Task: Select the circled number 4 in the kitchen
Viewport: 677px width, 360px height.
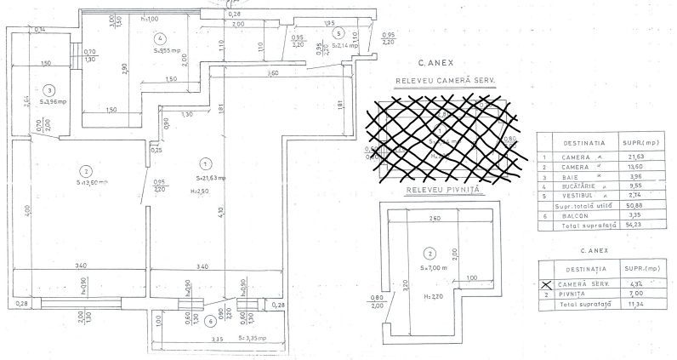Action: click(x=159, y=38)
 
